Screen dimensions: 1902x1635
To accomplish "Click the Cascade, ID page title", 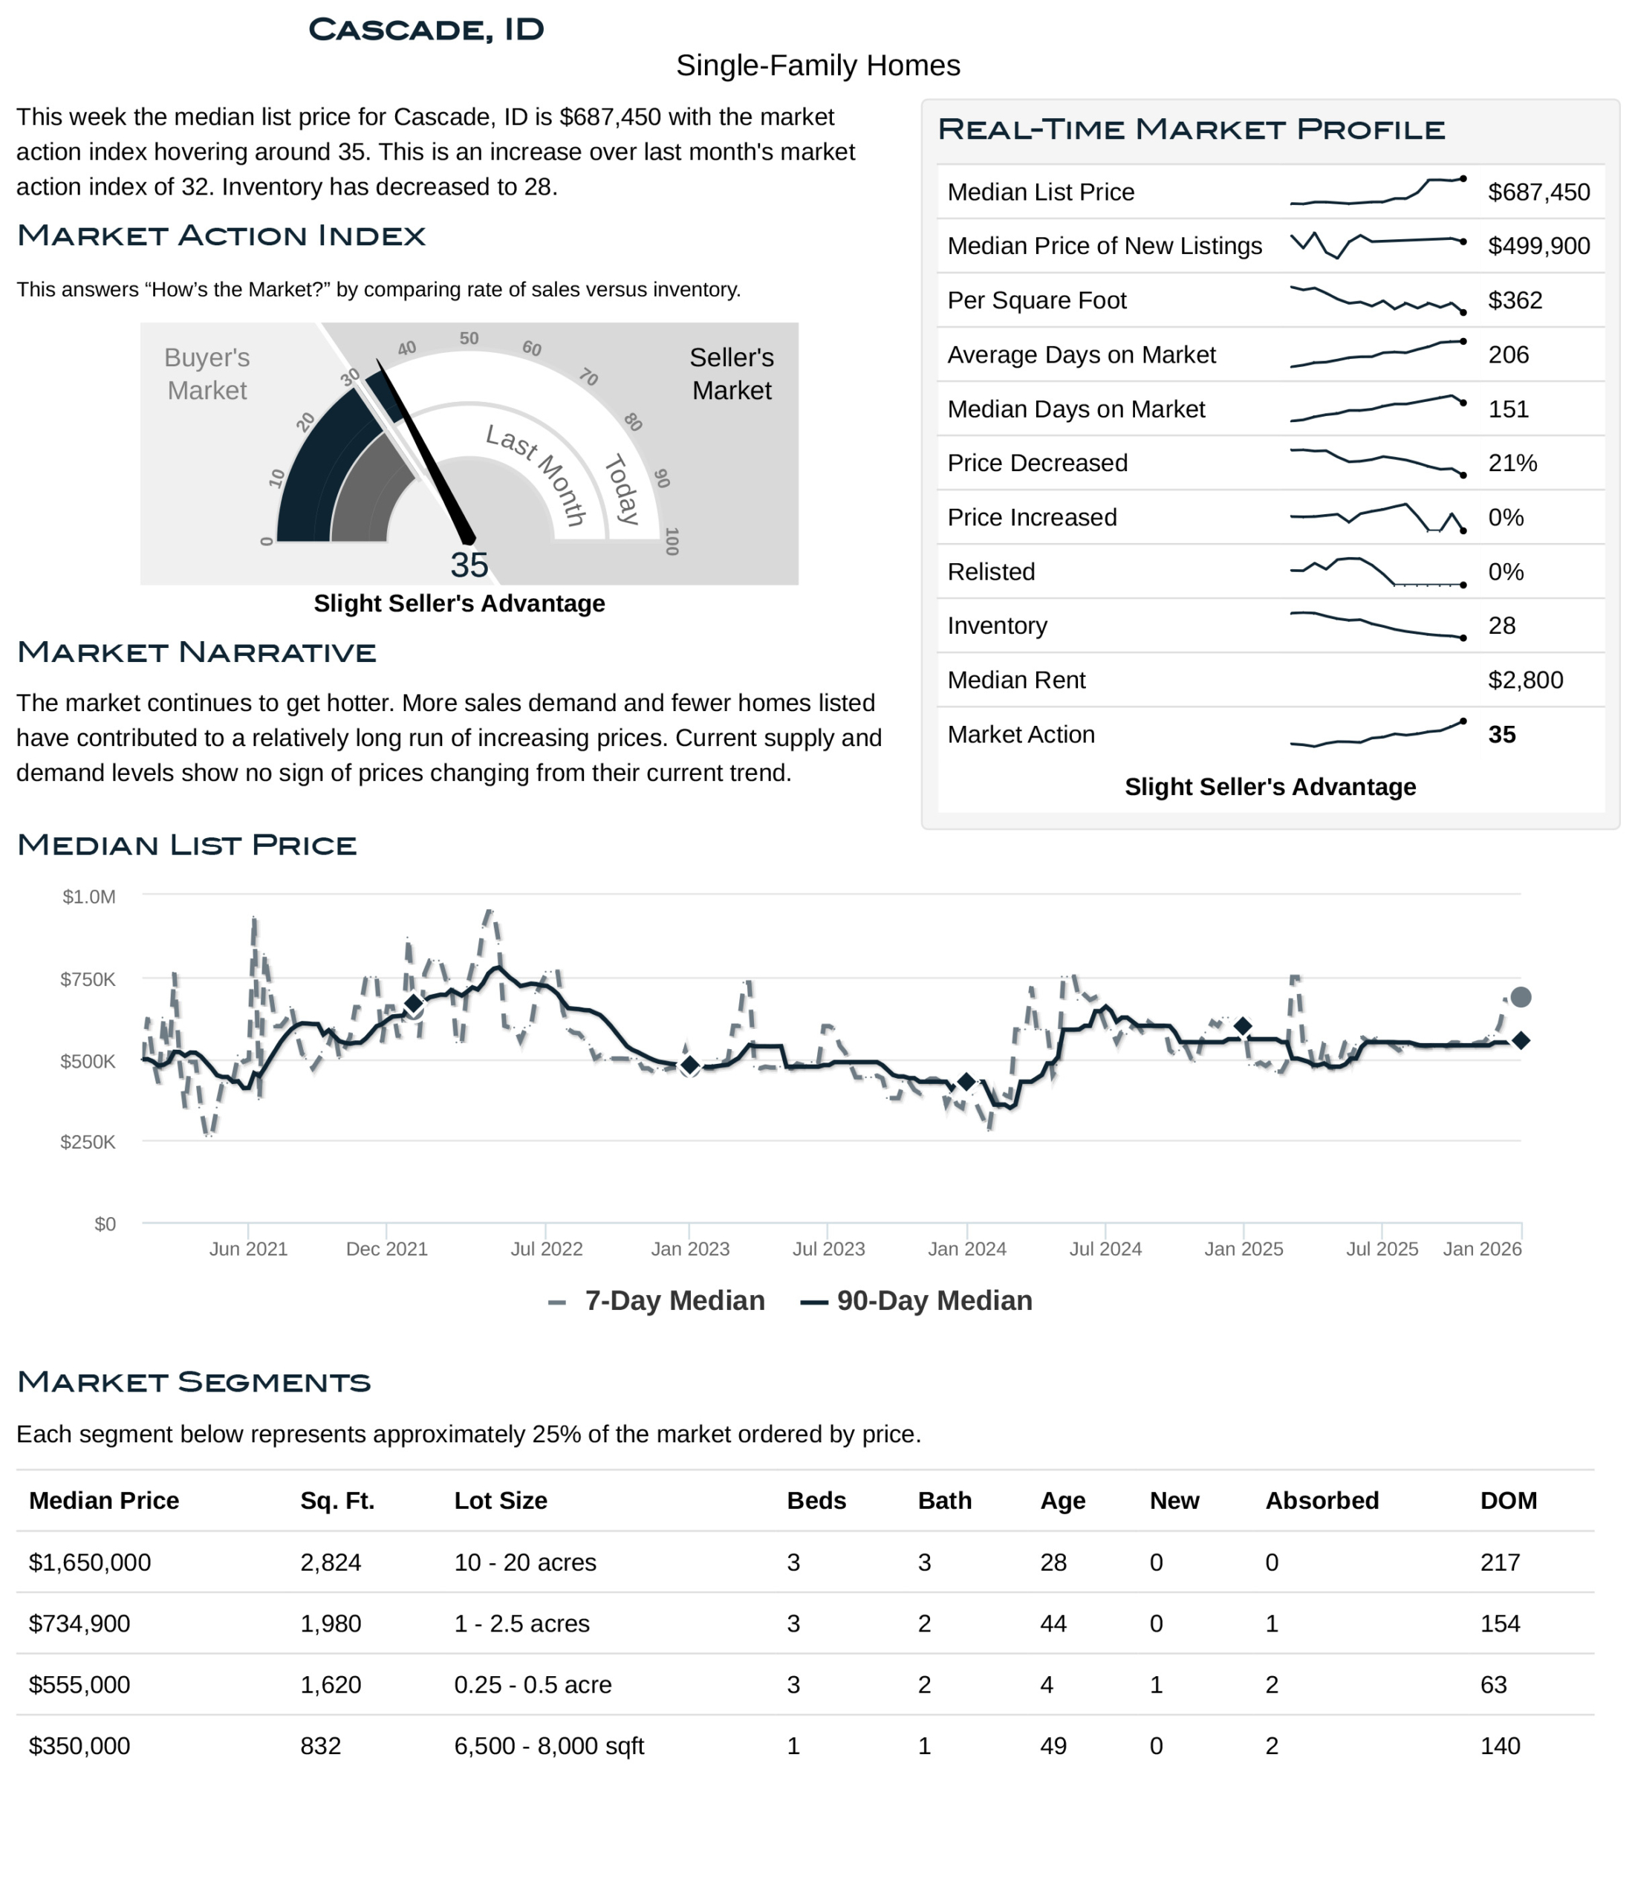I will click(426, 30).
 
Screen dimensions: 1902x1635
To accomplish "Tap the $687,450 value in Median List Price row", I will click(1538, 192).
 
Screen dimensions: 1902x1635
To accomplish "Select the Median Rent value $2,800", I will click(1525, 681).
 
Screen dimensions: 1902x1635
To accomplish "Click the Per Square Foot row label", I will click(1036, 300).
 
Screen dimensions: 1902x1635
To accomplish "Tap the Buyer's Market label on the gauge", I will click(207, 374).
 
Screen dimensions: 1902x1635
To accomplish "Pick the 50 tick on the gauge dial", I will click(469, 339).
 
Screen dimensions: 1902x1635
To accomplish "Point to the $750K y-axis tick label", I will click(88, 979).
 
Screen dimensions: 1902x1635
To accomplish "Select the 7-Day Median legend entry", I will click(657, 1301).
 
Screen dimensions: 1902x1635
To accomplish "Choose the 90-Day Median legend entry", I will click(916, 1301).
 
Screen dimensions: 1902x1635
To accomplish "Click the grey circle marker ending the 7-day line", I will click(1521, 997).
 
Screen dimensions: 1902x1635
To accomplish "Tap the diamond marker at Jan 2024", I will click(966, 1083).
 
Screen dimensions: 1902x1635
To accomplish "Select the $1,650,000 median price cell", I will click(90, 1562).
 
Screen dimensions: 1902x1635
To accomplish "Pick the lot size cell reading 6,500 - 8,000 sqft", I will click(549, 1746).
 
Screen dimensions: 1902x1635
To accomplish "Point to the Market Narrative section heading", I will click(196, 652).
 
